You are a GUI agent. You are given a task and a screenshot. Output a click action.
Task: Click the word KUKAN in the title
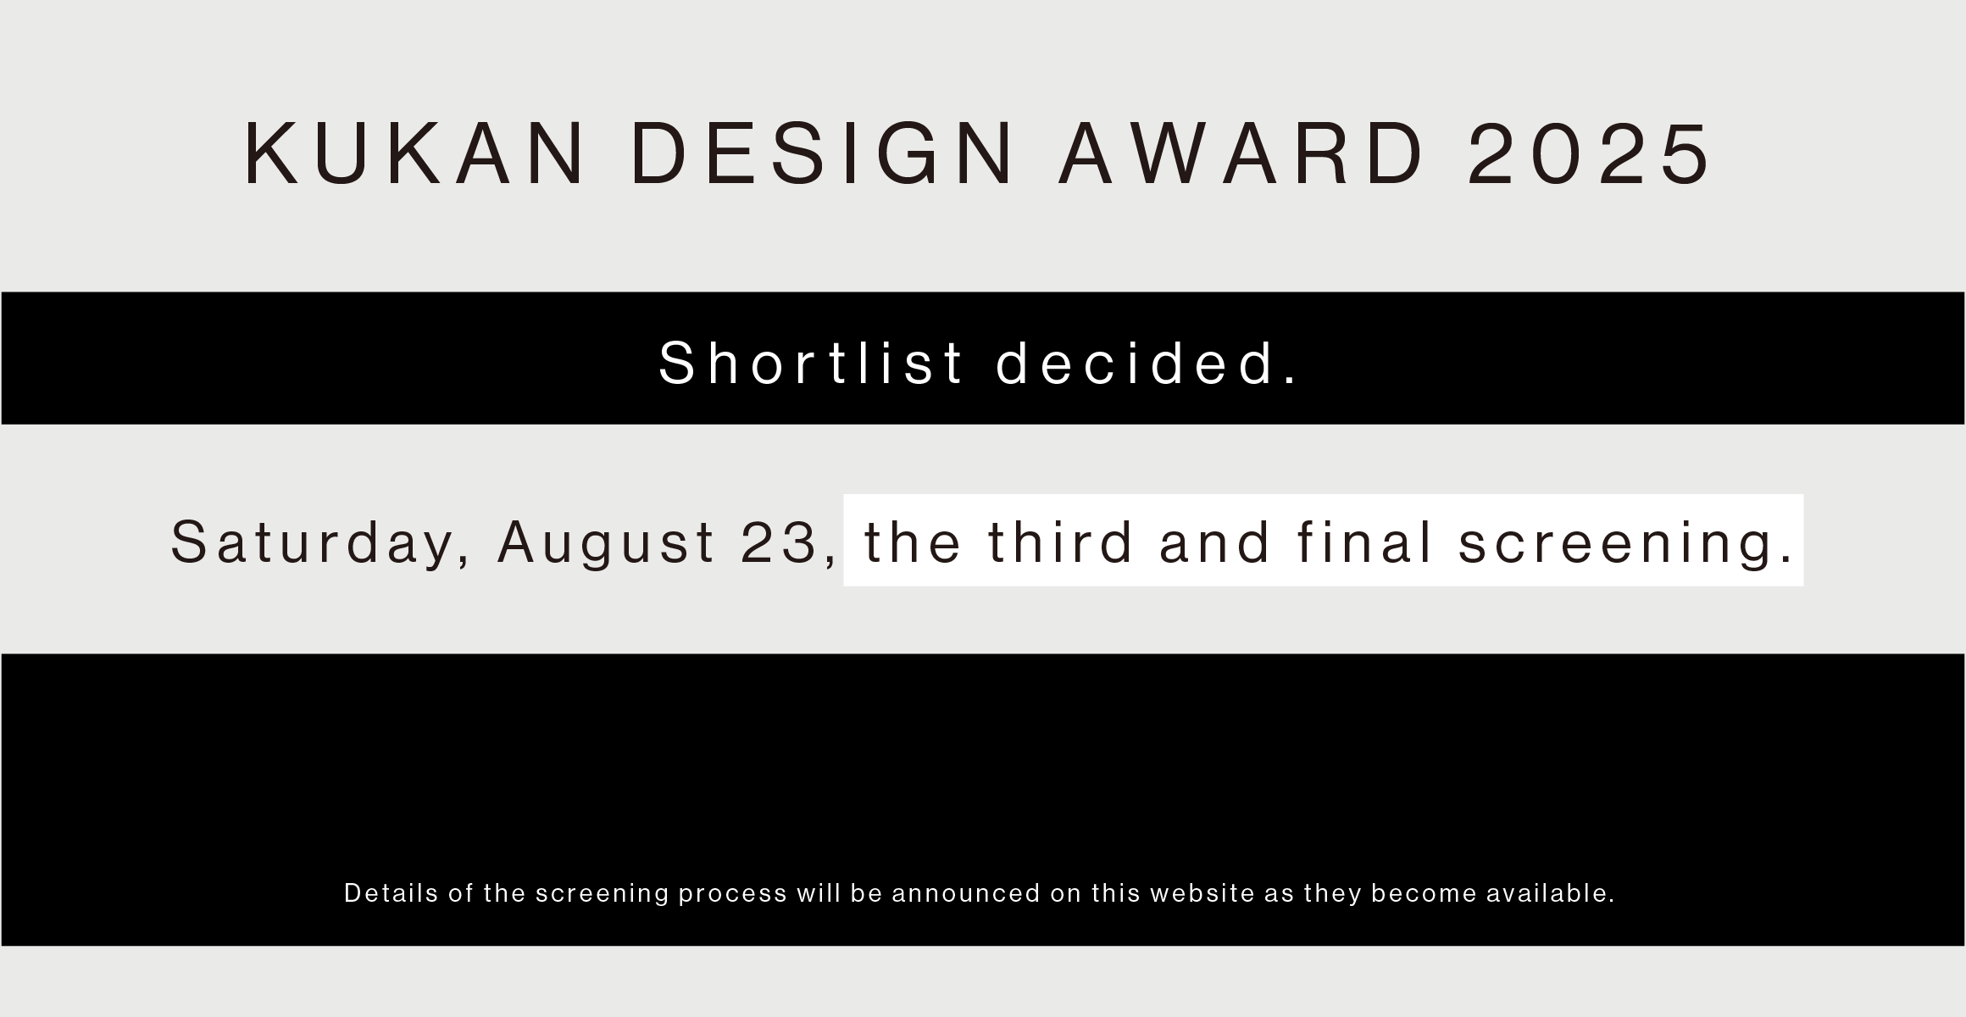pos(414,154)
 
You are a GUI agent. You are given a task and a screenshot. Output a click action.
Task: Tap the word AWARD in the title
pos(1241,154)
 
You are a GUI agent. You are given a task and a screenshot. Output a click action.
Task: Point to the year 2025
pos(1590,154)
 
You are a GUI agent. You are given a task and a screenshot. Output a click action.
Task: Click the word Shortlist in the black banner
pos(812,363)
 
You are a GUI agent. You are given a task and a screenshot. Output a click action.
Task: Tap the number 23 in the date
pos(778,542)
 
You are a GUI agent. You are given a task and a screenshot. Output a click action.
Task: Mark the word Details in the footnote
pos(392,893)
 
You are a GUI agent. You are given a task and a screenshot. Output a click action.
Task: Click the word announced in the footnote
pos(966,893)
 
